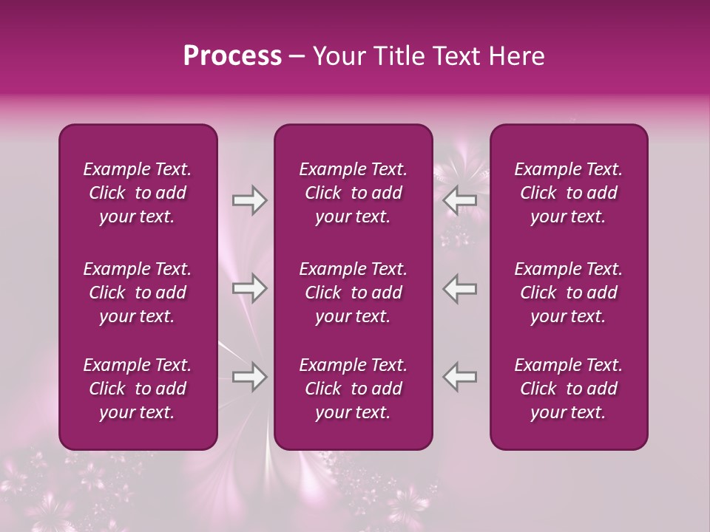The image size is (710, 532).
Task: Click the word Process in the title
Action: point(232,56)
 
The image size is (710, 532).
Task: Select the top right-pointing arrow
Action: point(249,200)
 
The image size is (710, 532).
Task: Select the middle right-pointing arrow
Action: point(249,288)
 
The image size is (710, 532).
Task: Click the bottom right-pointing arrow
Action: point(249,377)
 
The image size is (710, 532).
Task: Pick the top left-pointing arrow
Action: point(460,200)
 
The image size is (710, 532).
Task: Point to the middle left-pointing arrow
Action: point(460,288)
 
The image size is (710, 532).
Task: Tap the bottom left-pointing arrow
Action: point(460,377)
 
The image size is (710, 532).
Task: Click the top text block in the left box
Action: point(138,193)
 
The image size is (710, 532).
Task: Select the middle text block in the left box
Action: point(138,293)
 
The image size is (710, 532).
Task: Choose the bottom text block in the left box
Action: point(138,389)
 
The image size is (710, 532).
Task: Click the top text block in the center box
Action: point(353,193)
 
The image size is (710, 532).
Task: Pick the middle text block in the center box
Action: point(353,293)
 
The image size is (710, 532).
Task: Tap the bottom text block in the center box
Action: point(353,389)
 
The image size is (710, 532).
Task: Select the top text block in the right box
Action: point(568,193)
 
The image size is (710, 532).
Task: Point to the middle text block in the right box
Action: point(568,293)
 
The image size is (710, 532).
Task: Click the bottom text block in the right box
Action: point(568,389)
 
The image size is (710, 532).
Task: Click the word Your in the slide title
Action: point(337,56)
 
